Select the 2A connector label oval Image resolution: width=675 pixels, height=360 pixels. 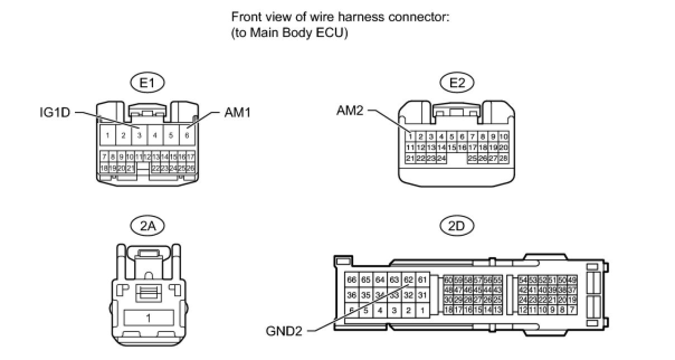(148, 226)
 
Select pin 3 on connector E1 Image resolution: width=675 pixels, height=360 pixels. (139, 135)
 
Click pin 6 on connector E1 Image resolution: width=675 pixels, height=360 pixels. (187, 135)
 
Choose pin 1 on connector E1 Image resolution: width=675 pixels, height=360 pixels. (107, 135)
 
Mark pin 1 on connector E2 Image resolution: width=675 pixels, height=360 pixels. (410, 136)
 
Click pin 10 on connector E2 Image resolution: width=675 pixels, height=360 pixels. (503, 136)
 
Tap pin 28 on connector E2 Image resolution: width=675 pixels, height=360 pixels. (503, 159)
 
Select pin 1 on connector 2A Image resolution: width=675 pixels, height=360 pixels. (148, 318)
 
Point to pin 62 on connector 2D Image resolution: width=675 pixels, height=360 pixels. (408, 280)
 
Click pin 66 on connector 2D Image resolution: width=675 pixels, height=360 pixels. (351, 280)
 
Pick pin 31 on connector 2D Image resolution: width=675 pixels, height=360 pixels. (422, 295)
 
